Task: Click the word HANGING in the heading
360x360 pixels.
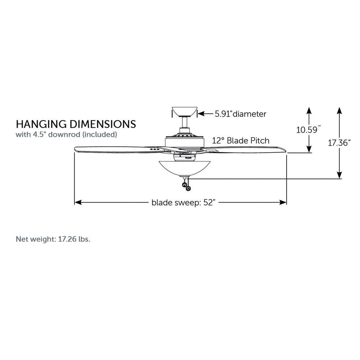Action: [41, 124]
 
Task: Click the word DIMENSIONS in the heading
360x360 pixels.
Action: [103, 124]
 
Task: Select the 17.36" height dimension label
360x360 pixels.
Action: [339, 143]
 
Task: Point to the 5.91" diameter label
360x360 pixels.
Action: [240, 114]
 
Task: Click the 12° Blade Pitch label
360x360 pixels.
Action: [240, 140]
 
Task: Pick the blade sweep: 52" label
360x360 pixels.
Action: [183, 203]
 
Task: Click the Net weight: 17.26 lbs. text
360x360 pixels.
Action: [53, 239]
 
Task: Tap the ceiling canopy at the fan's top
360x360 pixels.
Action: [185, 112]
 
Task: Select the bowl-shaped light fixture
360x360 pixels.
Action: [185, 168]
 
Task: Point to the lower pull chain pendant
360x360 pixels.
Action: [188, 188]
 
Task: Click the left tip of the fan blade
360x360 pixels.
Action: [75, 149]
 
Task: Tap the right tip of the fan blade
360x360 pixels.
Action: [286, 150]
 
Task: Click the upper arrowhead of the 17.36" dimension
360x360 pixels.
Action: [339, 110]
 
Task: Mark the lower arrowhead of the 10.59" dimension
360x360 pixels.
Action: [309, 149]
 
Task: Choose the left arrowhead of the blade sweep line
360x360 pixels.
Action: [78, 202]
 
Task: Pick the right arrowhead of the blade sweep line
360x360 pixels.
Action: [283, 202]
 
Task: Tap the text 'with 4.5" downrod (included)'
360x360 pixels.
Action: [66, 134]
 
